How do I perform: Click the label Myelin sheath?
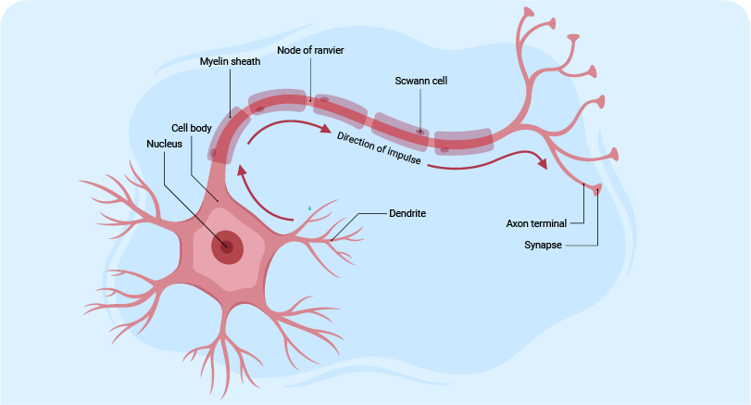(x=231, y=61)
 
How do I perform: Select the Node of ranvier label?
(x=310, y=49)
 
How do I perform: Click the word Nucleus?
(x=165, y=144)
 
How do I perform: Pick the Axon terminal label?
(x=537, y=223)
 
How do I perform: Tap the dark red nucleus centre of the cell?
(x=226, y=247)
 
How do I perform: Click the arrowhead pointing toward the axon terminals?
(x=540, y=163)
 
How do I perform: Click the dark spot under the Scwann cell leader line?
(x=420, y=132)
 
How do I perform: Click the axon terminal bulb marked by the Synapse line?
(x=597, y=190)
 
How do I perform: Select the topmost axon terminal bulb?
(x=530, y=12)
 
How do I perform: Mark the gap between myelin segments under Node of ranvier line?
(x=311, y=99)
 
